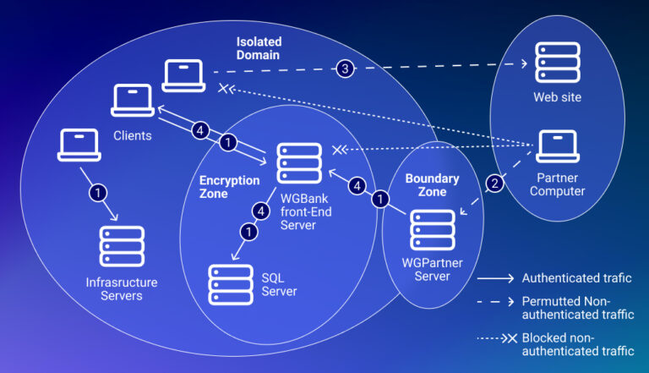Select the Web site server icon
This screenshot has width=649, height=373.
click(557, 62)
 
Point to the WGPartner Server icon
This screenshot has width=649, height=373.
click(433, 230)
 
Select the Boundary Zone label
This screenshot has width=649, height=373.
click(432, 185)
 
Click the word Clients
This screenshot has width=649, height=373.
click(133, 134)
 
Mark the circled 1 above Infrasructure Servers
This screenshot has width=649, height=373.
click(98, 193)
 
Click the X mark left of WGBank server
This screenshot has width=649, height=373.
click(339, 150)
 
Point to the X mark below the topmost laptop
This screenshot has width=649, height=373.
click(224, 88)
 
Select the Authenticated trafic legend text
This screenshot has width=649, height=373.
click(577, 277)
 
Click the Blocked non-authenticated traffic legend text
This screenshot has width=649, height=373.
click(577, 344)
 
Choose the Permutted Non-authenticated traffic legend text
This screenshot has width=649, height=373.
click(577, 308)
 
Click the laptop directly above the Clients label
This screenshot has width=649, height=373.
click(133, 101)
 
